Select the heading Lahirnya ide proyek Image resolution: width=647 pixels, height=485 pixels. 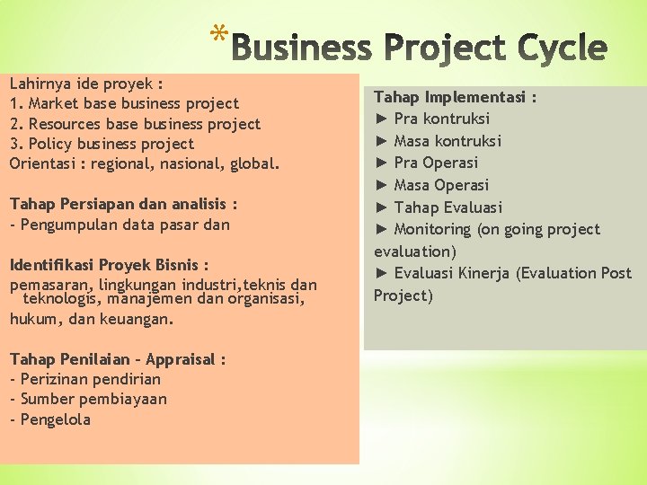pos(86,84)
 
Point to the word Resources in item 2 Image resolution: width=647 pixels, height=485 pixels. pos(64,124)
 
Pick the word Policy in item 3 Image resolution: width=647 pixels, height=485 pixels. pos(49,144)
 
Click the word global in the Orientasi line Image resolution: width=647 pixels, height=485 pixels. pos(255,164)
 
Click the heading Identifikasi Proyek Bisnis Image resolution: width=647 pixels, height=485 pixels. pos(109,265)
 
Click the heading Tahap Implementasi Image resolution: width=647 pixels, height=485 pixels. pos(456,96)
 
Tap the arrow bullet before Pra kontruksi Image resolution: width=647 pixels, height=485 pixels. pos(381,119)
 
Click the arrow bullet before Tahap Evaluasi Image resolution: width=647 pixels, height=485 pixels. pos(381,207)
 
